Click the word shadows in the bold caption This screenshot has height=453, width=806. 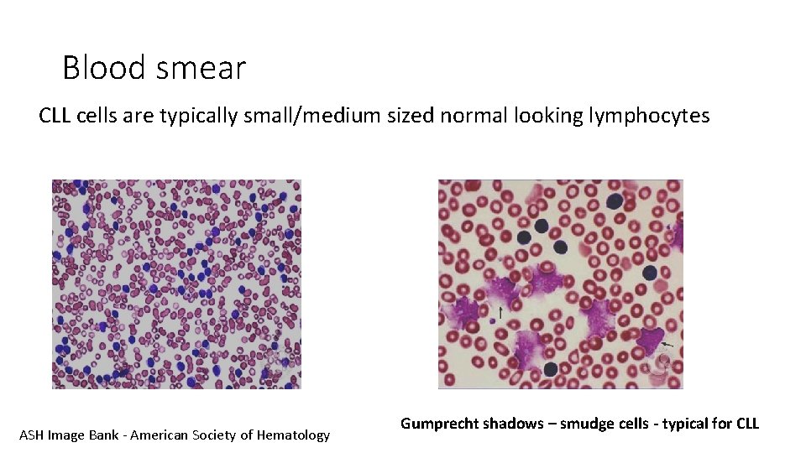coord(513,424)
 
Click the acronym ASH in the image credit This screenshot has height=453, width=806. coord(31,435)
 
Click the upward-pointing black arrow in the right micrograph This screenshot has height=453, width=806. coord(501,313)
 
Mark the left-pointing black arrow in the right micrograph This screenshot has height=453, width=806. coord(667,344)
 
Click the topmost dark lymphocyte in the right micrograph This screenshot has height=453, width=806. coord(615,200)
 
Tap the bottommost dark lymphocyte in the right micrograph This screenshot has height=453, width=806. coord(551,369)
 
